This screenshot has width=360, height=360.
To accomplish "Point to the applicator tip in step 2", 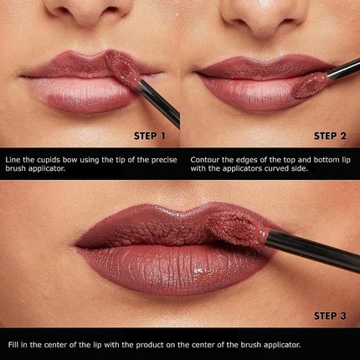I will pyautogui.click(x=315, y=81).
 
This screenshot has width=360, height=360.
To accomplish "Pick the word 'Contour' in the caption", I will pyautogui.click(x=206, y=158).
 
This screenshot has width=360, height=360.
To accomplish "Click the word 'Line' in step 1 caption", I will pyautogui.click(x=13, y=158).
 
